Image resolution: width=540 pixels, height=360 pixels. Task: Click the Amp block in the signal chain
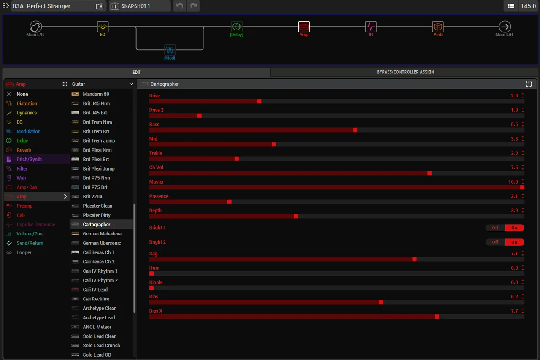click(x=304, y=27)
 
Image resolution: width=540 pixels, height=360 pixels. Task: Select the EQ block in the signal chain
click(x=103, y=27)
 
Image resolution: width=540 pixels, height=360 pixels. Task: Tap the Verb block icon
click(x=438, y=27)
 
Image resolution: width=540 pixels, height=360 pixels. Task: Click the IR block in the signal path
click(x=371, y=27)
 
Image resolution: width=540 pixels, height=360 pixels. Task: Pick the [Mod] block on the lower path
click(x=170, y=50)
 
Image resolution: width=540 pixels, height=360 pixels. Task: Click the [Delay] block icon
click(x=237, y=27)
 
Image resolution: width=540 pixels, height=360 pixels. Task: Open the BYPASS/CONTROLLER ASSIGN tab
click(x=405, y=72)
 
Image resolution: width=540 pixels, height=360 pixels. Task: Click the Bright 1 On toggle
click(x=514, y=227)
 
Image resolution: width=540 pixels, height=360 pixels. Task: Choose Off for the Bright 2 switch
click(x=495, y=242)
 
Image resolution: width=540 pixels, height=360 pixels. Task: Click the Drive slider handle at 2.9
click(x=259, y=101)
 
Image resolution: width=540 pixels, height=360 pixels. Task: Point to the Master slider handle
click(x=522, y=187)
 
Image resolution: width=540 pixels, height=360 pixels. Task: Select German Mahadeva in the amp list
click(x=102, y=234)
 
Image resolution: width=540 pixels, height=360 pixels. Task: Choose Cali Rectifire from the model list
click(x=96, y=299)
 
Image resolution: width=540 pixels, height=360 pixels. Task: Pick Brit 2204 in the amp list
click(x=92, y=197)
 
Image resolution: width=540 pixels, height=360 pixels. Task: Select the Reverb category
click(x=24, y=150)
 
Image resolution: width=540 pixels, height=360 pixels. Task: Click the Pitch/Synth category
click(x=29, y=159)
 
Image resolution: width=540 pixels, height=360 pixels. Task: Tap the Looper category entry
click(x=24, y=252)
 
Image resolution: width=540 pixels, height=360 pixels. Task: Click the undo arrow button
click(x=179, y=6)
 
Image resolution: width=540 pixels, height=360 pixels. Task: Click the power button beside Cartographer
click(x=529, y=84)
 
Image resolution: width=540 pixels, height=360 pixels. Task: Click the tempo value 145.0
click(x=528, y=6)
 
